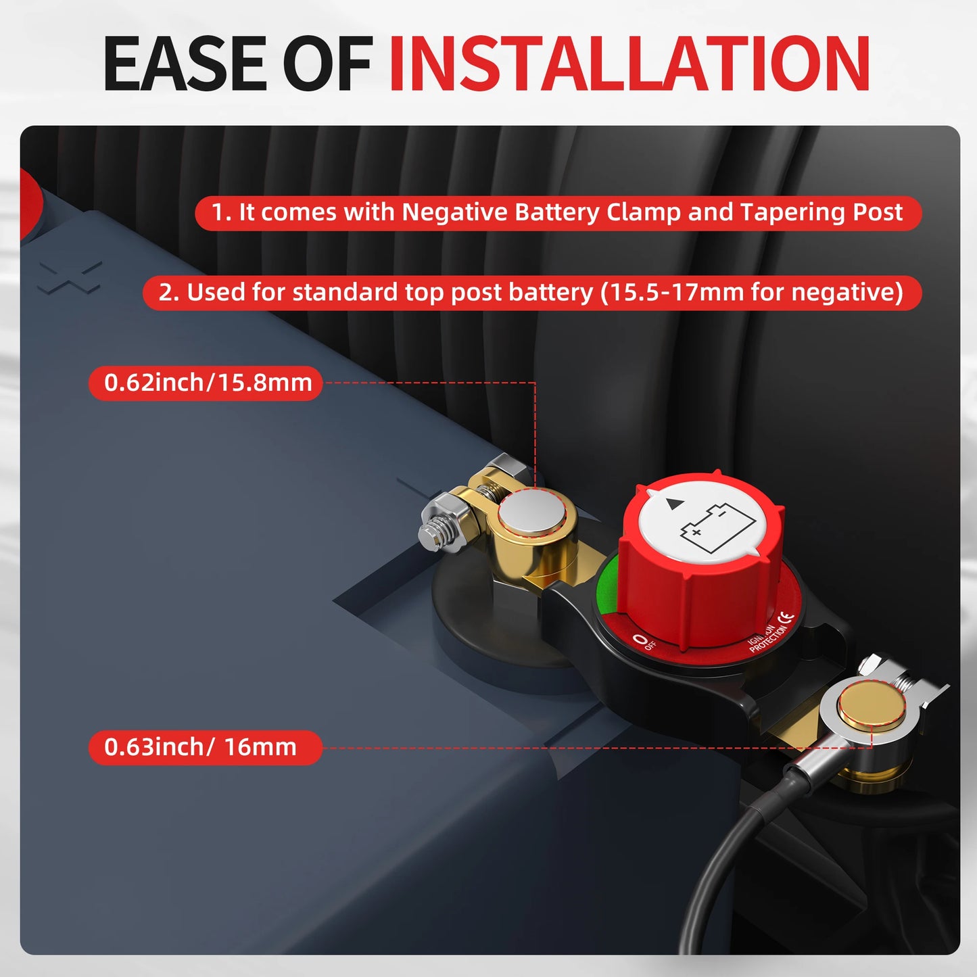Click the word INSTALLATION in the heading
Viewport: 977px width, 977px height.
click(629, 64)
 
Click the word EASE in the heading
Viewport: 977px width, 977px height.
click(185, 64)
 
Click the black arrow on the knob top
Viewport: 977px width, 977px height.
click(673, 504)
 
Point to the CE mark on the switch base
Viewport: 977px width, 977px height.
click(785, 617)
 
